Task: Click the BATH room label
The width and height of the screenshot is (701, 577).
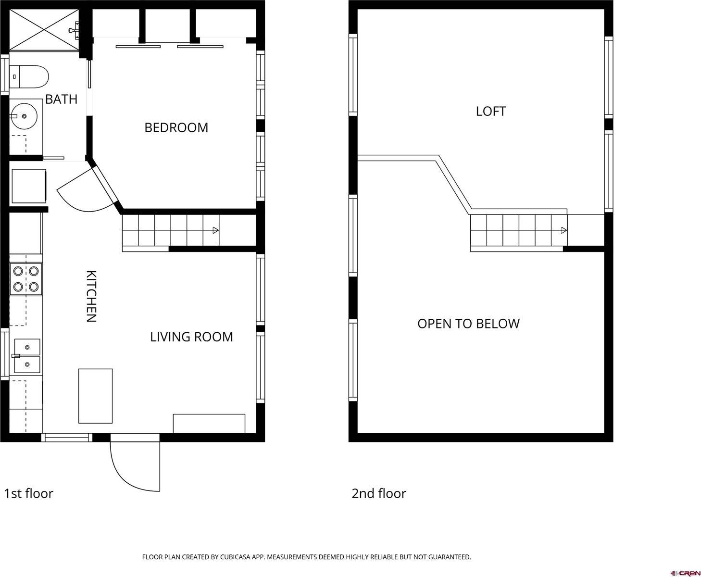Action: pyautogui.click(x=61, y=99)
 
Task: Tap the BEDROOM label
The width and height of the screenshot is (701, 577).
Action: pyautogui.click(x=176, y=127)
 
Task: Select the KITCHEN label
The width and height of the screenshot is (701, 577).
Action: pyautogui.click(x=91, y=296)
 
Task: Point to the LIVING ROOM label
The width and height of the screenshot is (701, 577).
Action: pyautogui.click(x=191, y=337)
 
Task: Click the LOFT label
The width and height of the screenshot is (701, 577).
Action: pyautogui.click(x=490, y=112)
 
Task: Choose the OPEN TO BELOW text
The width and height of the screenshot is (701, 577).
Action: pyautogui.click(x=468, y=324)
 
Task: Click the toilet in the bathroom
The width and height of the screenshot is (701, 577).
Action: pyautogui.click(x=29, y=77)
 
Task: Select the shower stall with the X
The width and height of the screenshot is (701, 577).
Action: pyautogui.click(x=44, y=29)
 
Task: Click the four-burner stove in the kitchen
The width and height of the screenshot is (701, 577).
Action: pyautogui.click(x=26, y=279)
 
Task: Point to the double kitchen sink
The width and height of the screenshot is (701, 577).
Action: pyautogui.click(x=27, y=356)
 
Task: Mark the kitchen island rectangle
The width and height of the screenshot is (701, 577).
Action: pyautogui.click(x=95, y=396)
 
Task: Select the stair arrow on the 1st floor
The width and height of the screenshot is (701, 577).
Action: pyautogui.click(x=216, y=230)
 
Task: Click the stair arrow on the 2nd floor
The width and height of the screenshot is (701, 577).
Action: pyautogui.click(x=564, y=231)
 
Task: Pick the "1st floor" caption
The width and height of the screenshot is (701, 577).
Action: pyautogui.click(x=28, y=493)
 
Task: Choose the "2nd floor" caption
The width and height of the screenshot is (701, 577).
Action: pyautogui.click(x=378, y=493)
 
